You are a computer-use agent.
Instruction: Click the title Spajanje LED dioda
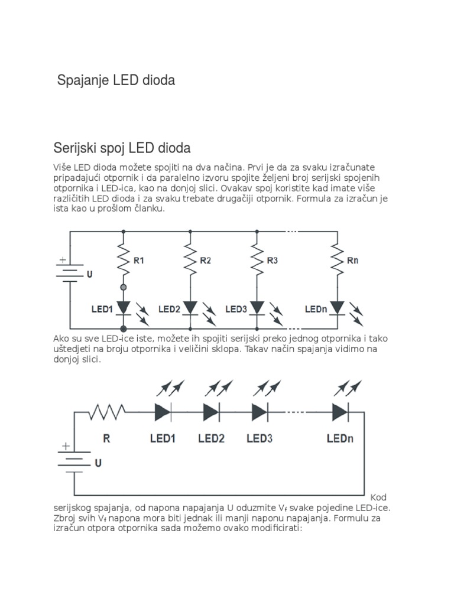(116, 80)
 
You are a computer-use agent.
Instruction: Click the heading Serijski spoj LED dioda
(122, 147)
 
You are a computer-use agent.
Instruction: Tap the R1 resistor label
(139, 260)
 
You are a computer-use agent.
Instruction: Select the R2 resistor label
(206, 260)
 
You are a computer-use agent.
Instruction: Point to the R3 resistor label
(273, 260)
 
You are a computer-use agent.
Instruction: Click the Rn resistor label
(352, 260)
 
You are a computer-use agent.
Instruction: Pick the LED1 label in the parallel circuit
(102, 309)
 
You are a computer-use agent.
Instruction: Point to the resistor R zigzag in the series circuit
(106, 411)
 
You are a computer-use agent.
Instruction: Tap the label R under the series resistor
(106, 438)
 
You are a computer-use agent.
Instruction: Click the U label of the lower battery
(98, 463)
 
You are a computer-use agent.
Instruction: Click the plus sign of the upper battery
(63, 259)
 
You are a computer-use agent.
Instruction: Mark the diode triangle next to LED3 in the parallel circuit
(257, 308)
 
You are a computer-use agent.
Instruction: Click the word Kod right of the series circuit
(378, 497)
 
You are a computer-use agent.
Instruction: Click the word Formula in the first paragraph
(331, 199)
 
